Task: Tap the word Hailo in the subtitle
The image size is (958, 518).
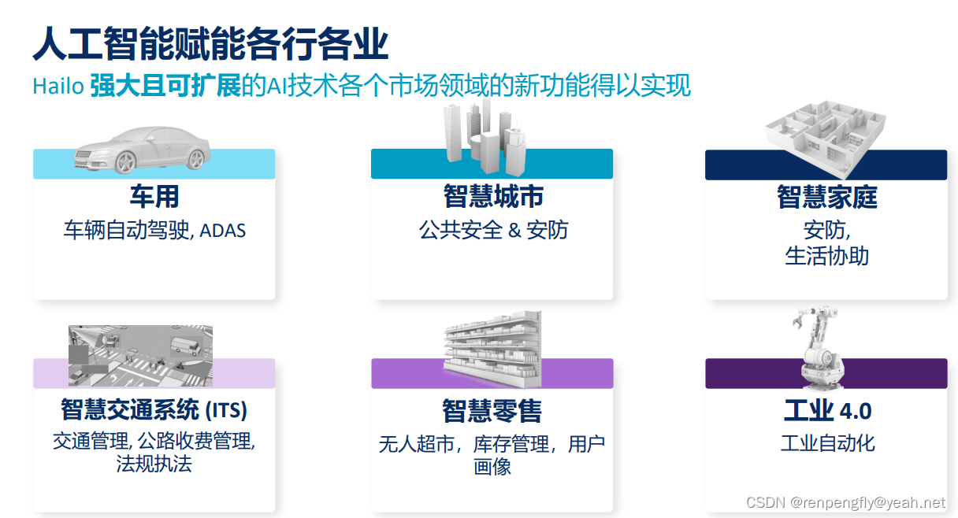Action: coord(58,86)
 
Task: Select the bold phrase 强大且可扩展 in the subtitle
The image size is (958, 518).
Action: coord(165,86)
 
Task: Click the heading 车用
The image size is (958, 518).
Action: coord(154,196)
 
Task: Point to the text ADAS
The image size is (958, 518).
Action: coord(223,231)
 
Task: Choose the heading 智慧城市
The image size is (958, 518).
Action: coord(492,196)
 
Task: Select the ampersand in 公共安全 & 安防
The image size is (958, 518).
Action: coord(516,230)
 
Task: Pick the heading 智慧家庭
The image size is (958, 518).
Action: coord(826,198)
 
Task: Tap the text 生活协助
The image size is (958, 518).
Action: coord(826,256)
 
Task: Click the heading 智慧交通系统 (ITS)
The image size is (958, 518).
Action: coord(154,409)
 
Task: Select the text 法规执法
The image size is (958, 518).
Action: coord(154,463)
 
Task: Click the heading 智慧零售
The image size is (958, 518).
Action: coord(492,411)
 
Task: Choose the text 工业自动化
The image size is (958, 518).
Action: coord(826,442)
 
